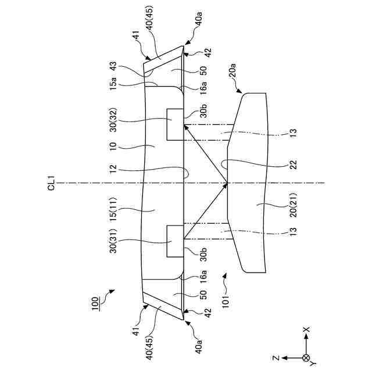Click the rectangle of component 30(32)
[174, 124]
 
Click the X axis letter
[307, 329]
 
